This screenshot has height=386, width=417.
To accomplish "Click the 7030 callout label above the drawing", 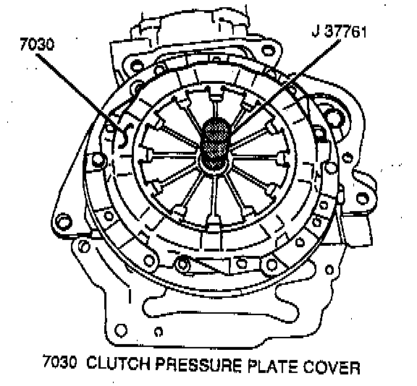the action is [x=37, y=44].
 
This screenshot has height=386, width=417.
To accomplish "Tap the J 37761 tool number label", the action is [x=339, y=32].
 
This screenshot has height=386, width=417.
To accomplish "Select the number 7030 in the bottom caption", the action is [x=59, y=361].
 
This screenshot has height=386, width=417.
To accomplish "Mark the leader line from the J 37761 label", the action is [x=286, y=86].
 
